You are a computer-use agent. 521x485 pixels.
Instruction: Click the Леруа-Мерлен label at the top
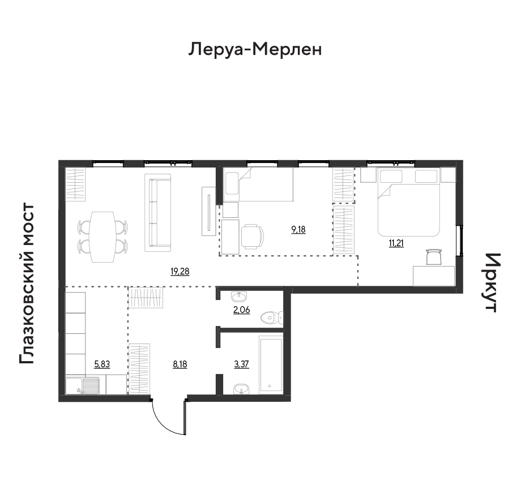255,50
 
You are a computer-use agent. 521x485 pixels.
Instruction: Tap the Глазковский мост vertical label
27,284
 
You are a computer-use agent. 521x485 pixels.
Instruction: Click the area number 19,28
180,272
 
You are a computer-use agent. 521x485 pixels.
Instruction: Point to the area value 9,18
298,229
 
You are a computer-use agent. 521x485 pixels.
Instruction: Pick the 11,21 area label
396,243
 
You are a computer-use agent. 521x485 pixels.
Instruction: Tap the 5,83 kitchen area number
102,364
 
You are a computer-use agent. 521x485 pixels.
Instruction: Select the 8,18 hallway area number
180,364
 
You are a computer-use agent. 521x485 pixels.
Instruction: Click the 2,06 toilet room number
242,310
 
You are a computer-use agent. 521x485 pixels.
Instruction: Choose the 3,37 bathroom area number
242,364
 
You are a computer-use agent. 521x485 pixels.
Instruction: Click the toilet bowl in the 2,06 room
272,317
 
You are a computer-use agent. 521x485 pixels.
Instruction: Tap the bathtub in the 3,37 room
271,364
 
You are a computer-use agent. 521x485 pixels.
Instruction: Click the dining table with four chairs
103,237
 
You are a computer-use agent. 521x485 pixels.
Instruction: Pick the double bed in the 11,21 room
408,202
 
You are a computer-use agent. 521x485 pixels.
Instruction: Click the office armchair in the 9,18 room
252,237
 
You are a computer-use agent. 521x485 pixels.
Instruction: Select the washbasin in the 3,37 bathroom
241,389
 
